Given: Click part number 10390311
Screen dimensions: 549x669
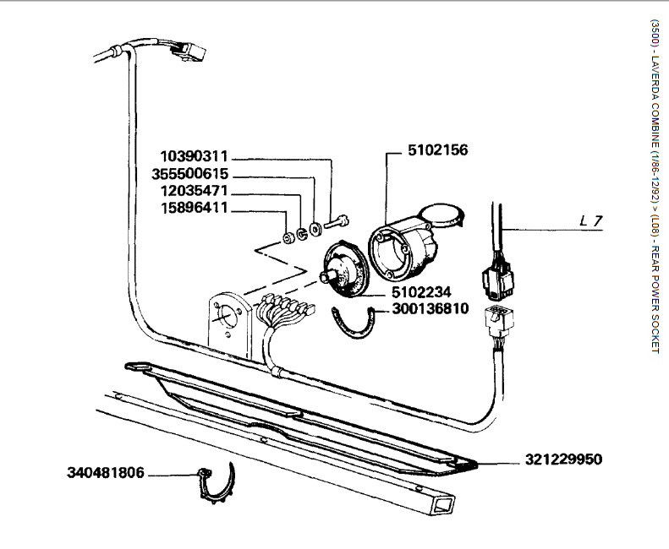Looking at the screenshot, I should click(195, 157).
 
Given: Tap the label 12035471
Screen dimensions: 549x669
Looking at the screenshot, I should click(195, 191).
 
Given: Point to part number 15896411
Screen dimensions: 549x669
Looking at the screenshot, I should click(195, 208).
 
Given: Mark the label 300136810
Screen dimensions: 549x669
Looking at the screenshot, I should click(430, 309).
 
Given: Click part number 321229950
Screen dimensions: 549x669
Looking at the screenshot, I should click(563, 461).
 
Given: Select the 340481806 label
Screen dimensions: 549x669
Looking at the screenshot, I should click(107, 474).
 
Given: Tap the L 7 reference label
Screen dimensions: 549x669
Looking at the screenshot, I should click(591, 221).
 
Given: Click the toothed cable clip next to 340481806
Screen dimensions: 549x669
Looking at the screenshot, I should click(217, 485).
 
